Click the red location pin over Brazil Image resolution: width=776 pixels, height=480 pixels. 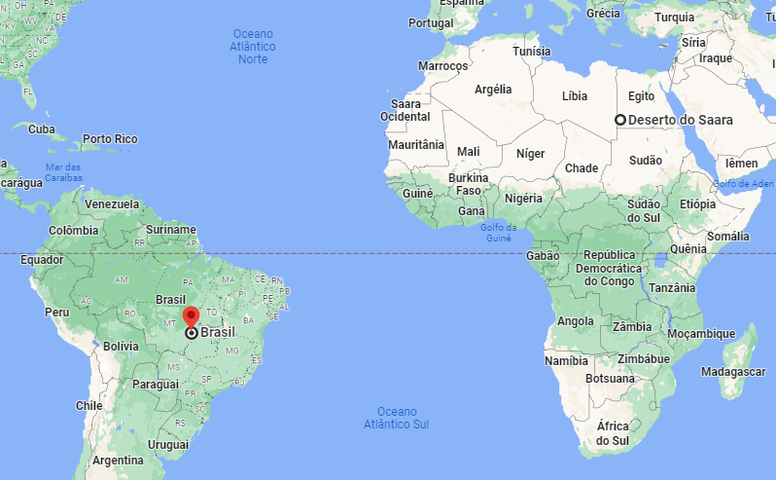pyautogui.click(x=191, y=316)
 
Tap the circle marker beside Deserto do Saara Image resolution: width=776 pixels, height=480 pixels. pyautogui.click(x=619, y=120)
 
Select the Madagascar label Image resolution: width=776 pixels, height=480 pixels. pyautogui.click(x=734, y=372)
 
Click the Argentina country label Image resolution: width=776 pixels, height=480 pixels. pyautogui.click(x=118, y=460)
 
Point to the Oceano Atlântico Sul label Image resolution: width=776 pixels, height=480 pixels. pyautogui.click(x=396, y=418)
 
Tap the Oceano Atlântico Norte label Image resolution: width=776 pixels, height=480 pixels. pyautogui.click(x=253, y=46)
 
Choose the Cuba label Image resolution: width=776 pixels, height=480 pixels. pyautogui.click(x=42, y=129)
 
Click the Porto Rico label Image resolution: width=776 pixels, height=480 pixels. pyautogui.click(x=110, y=139)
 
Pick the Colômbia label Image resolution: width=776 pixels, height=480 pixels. pyautogui.click(x=74, y=230)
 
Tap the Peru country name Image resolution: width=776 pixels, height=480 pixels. pyautogui.click(x=56, y=313)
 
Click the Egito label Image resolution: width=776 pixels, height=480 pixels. pyautogui.click(x=641, y=96)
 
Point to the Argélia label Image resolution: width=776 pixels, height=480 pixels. pyautogui.click(x=493, y=89)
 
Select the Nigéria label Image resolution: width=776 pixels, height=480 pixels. pyautogui.click(x=522, y=199)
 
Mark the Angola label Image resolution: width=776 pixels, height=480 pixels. pyautogui.click(x=575, y=321)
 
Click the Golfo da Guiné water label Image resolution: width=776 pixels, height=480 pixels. pyautogui.click(x=496, y=232)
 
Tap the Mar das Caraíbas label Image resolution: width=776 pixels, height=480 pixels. pyautogui.click(x=63, y=172)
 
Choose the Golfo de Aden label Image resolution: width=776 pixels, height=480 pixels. pyautogui.click(x=743, y=183)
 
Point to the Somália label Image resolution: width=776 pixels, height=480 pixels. pyautogui.click(x=728, y=236)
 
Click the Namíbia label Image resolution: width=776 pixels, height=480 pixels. pyautogui.click(x=566, y=360)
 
